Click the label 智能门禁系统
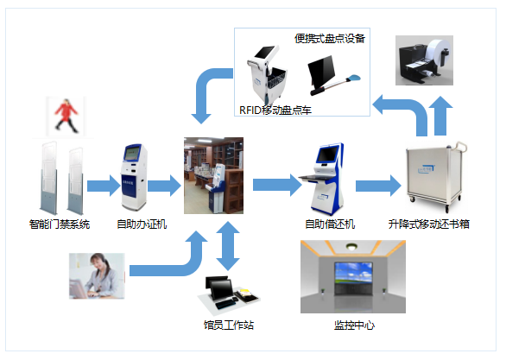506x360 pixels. [x=60, y=224]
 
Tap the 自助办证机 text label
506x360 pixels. [x=142, y=224]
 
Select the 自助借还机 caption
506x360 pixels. [x=330, y=224]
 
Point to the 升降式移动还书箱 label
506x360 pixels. [x=428, y=224]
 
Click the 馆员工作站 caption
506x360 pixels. [x=229, y=325]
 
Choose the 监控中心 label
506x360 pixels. [x=354, y=325]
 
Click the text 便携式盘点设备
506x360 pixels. [x=330, y=39]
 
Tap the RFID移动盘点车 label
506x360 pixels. [x=275, y=111]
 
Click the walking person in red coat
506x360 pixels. [x=66, y=116]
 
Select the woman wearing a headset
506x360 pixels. [x=97, y=275]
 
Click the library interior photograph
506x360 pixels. [x=213, y=175]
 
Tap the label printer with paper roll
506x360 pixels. [x=424, y=60]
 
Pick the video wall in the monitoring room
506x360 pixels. [x=353, y=278]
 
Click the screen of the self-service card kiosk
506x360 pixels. [x=132, y=153]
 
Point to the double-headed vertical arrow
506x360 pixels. [x=228, y=246]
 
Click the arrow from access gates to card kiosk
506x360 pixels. [x=104, y=186]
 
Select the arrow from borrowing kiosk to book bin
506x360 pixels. [x=378, y=186]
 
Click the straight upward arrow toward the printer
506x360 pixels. [x=440, y=116]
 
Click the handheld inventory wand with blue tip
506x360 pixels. [x=336, y=85]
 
